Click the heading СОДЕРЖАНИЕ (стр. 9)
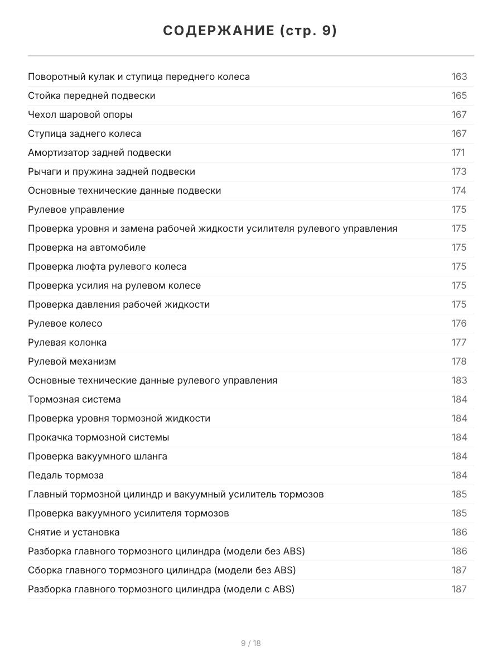pyautogui.click(x=250, y=31)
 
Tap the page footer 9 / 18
pyautogui.click(x=250, y=643)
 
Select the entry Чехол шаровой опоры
pyautogui.click(x=80, y=114)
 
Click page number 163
pyautogui.click(x=459, y=76)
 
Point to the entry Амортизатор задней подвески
pyautogui.click(x=99, y=152)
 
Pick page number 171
pyautogui.click(x=458, y=152)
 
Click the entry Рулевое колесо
pyautogui.click(x=65, y=323)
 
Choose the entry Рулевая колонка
pyautogui.click(x=67, y=342)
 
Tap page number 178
pyautogui.click(x=459, y=361)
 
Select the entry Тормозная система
pyautogui.click(x=74, y=399)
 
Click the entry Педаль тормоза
pyautogui.click(x=66, y=475)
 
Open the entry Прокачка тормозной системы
pyautogui.click(x=99, y=437)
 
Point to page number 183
pyautogui.click(x=459, y=380)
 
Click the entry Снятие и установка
pyautogui.click(x=74, y=532)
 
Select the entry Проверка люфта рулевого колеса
pyautogui.click(x=107, y=266)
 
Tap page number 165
pyautogui.click(x=459, y=95)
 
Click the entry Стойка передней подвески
pyautogui.click(x=91, y=95)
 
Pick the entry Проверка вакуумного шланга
pyautogui.click(x=98, y=456)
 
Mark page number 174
pyautogui.click(x=459, y=190)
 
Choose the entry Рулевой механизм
pyautogui.click(x=72, y=361)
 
